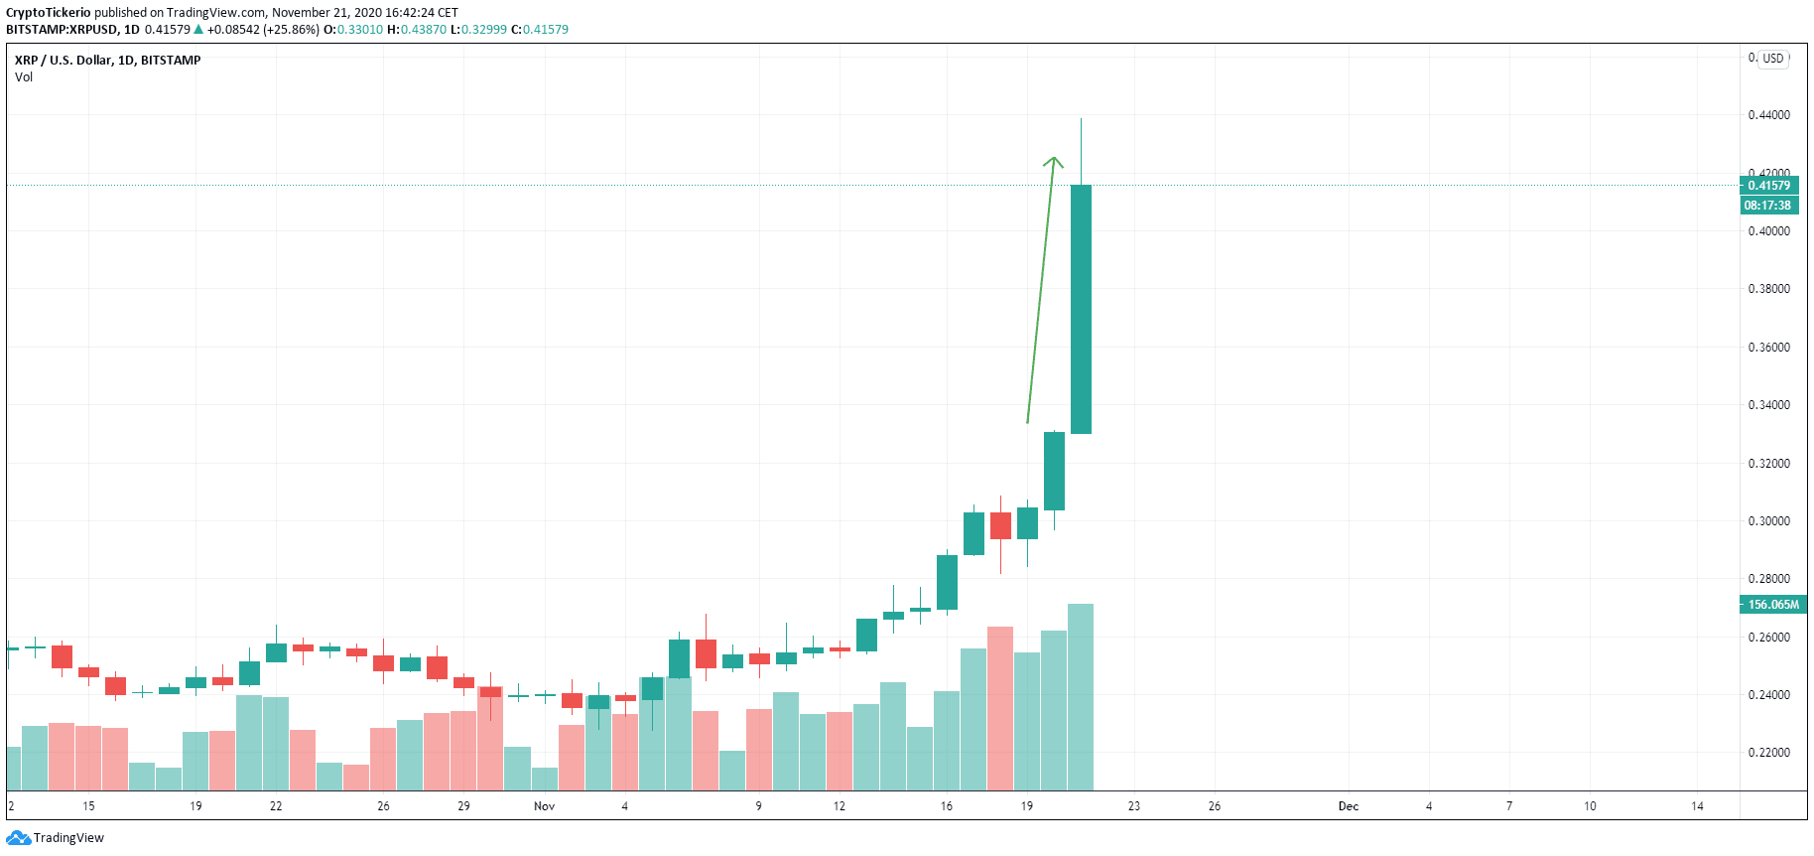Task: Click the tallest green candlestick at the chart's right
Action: coord(1081,308)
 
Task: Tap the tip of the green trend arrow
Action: coord(1054,159)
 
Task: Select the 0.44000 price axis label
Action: coord(1769,115)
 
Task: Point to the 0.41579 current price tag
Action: coord(1769,186)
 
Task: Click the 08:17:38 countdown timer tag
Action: coord(1767,206)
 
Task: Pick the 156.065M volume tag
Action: coord(1772,605)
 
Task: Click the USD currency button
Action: coord(1773,59)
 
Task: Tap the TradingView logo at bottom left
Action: coord(55,838)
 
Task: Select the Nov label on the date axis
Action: coord(544,806)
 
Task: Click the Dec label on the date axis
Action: coord(1348,806)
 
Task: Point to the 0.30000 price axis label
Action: coord(1769,521)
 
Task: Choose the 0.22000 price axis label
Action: coord(1769,753)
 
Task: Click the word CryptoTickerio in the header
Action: coord(49,13)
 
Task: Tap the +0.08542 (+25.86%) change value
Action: coord(263,30)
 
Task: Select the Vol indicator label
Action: coord(24,77)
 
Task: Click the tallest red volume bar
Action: coord(1000,707)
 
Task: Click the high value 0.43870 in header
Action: coord(424,30)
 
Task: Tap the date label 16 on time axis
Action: coord(947,806)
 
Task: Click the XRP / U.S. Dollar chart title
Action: coord(107,61)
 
